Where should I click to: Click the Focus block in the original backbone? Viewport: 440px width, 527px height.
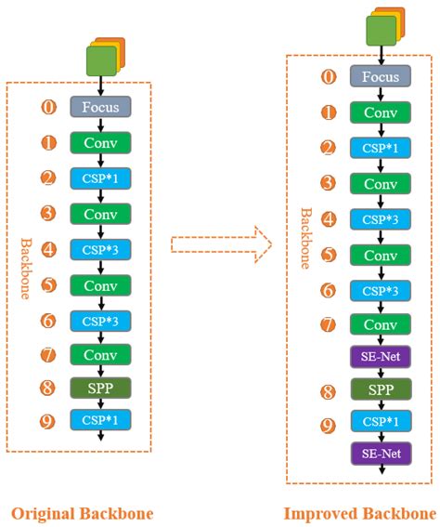(101, 107)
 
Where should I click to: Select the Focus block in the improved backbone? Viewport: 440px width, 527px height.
(381, 77)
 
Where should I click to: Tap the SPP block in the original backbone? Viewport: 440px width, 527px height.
(101, 386)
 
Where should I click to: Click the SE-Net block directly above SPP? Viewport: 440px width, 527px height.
(381, 356)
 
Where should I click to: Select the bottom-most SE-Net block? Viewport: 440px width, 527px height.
(381, 454)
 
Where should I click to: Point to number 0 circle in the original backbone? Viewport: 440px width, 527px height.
(50, 107)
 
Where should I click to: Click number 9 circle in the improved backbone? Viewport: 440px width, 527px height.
(329, 425)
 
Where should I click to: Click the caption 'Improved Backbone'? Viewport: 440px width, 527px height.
(360, 513)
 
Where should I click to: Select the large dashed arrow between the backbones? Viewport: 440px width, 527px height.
(221, 246)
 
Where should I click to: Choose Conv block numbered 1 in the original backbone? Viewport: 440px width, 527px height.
(101, 144)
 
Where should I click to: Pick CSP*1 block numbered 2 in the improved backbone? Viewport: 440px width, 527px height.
(381, 148)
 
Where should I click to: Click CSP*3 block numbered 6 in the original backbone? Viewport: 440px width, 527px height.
(101, 319)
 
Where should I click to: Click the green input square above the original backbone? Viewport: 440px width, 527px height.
(100, 60)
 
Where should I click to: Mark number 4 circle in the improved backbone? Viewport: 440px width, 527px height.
(329, 218)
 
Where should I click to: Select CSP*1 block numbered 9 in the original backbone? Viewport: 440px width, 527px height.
(101, 420)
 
